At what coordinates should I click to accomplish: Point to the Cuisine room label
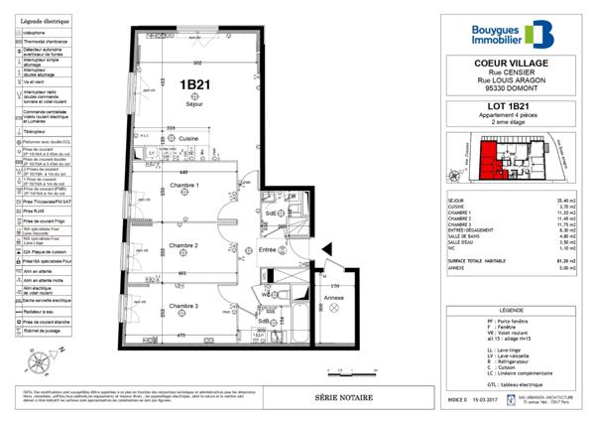(188, 139)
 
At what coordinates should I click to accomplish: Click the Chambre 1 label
(183, 186)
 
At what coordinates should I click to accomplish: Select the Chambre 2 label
(183, 245)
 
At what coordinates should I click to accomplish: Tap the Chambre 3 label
(183, 306)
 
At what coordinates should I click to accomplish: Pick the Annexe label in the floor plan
(334, 298)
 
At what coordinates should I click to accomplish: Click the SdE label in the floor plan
(270, 213)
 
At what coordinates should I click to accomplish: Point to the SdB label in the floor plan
(264, 322)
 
